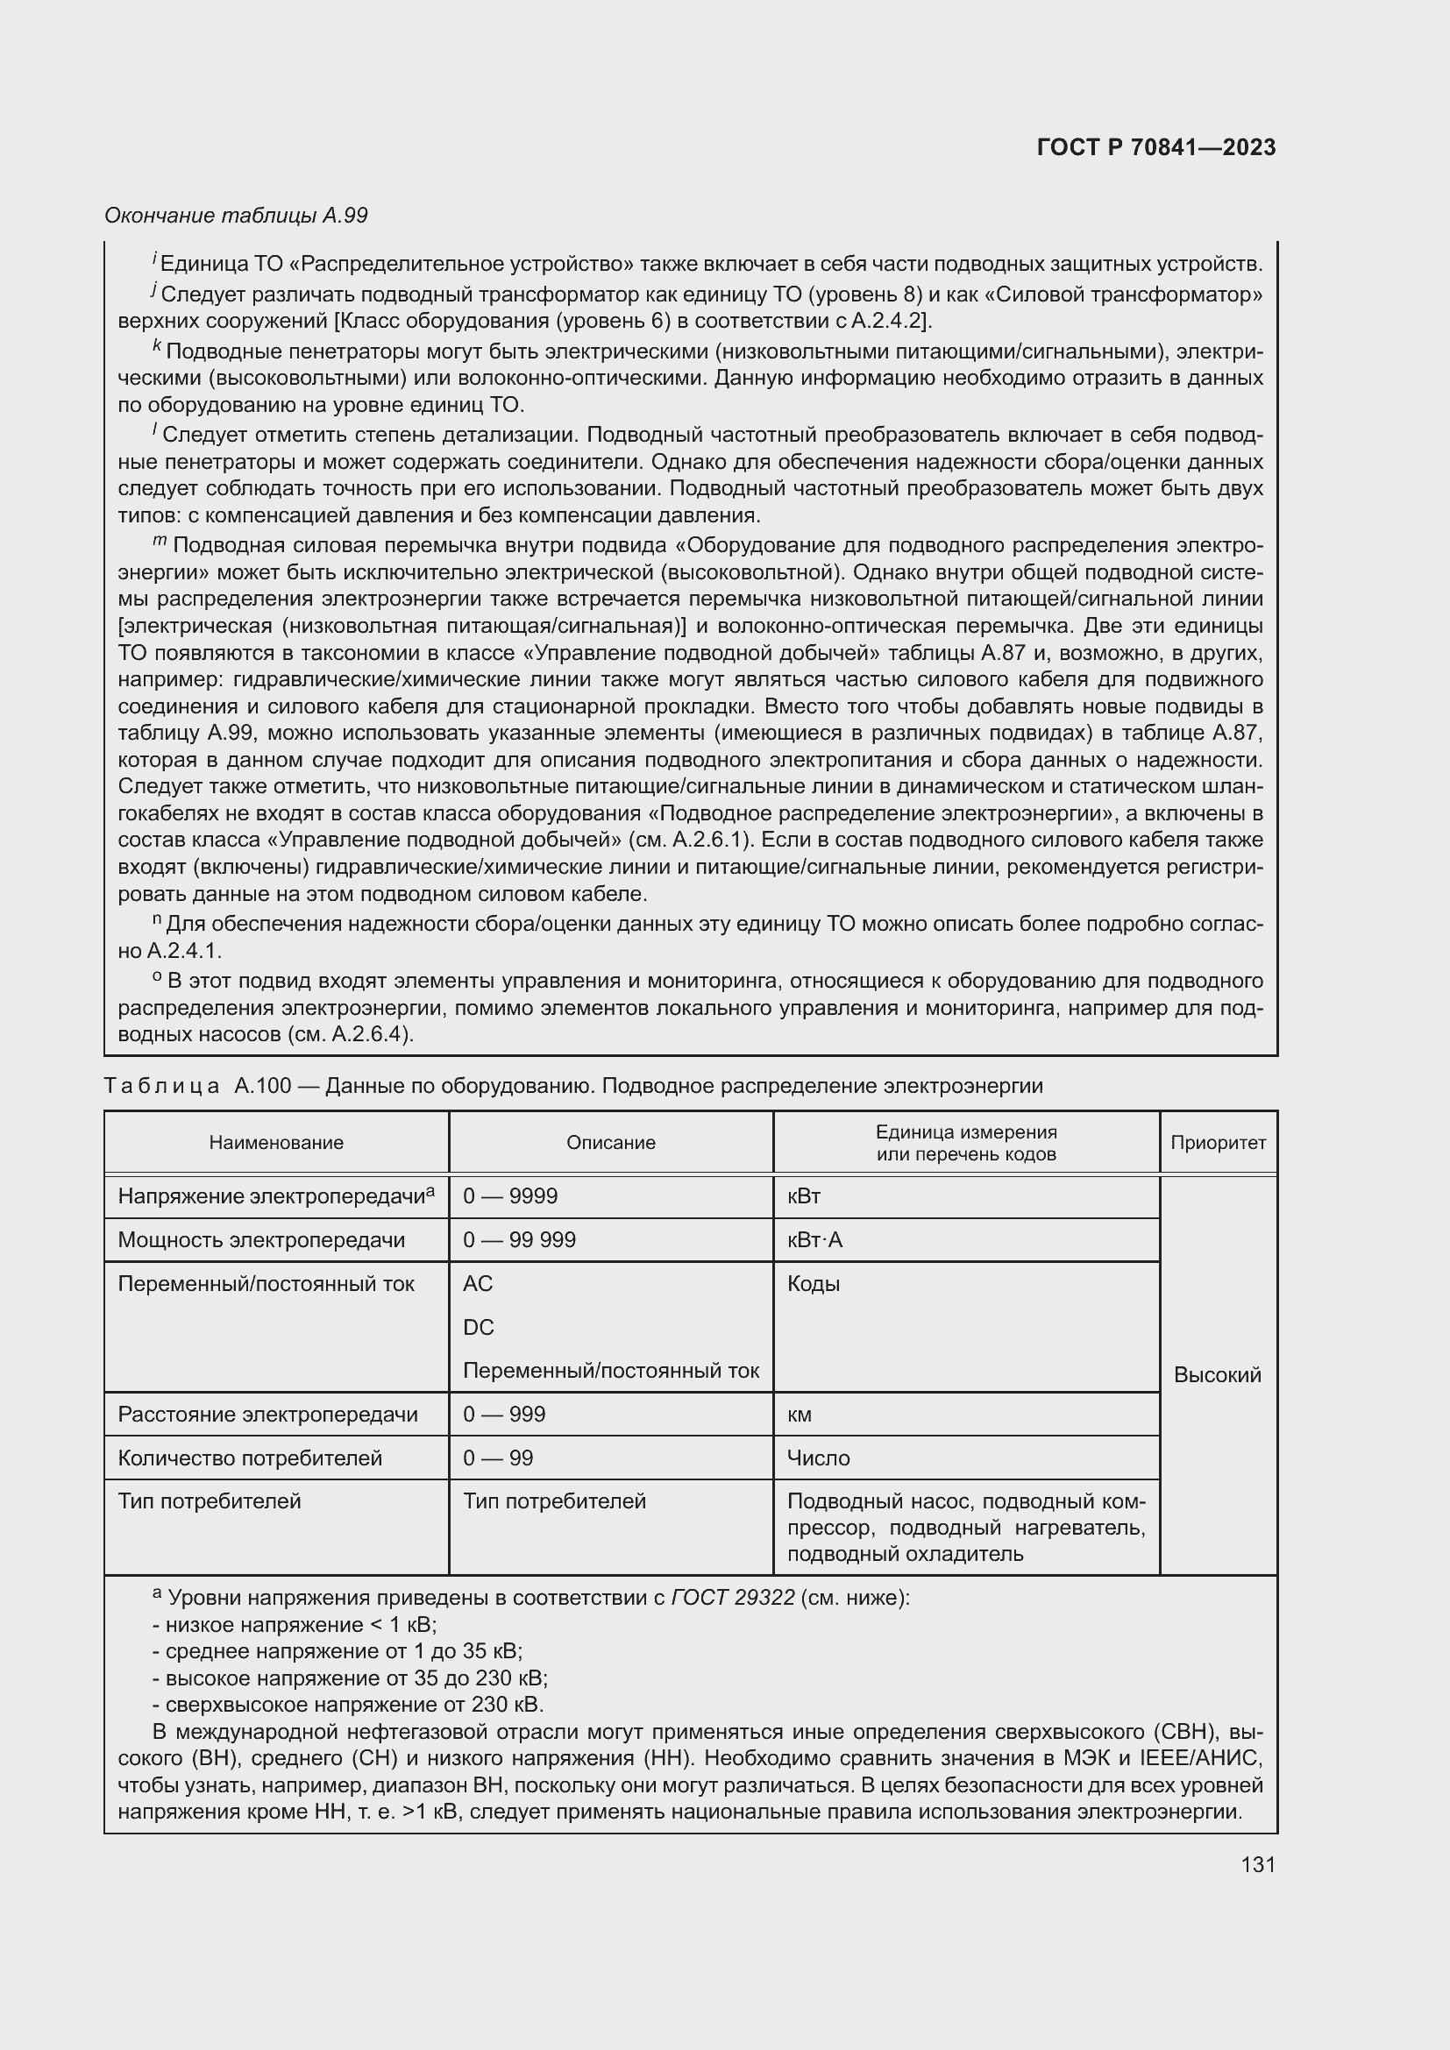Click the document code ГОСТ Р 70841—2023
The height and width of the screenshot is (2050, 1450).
(x=1155, y=147)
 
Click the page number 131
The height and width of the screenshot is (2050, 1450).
(x=1257, y=1864)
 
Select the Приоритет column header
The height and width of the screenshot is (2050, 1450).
(x=1218, y=1143)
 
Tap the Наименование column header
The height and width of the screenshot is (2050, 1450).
(x=276, y=1143)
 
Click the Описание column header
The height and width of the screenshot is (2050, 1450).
(x=611, y=1143)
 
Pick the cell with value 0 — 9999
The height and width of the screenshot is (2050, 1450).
(x=510, y=1196)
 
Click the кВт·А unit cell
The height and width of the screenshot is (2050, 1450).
(x=814, y=1240)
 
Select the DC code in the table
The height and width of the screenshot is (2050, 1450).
(x=479, y=1328)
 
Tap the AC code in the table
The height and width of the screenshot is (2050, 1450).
(x=478, y=1284)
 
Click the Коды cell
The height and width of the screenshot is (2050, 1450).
(x=814, y=1284)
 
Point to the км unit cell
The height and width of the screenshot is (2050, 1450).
(x=800, y=1415)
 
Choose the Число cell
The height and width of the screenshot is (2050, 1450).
(x=818, y=1458)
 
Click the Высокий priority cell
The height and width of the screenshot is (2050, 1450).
(x=1217, y=1375)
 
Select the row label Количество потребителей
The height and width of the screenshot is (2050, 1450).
(x=250, y=1458)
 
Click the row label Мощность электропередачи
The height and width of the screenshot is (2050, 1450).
(x=260, y=1240)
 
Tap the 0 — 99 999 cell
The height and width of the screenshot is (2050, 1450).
(x=519, y=1240)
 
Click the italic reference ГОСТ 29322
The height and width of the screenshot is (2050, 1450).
(x=732, y=1599)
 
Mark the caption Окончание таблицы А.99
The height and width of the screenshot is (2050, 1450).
(x=236, y=216)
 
